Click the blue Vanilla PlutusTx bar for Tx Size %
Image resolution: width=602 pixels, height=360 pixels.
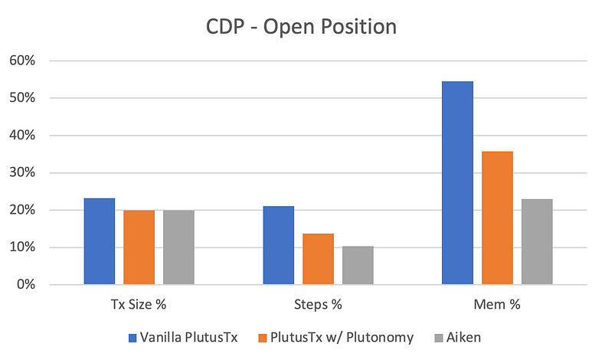[x=100, y=241]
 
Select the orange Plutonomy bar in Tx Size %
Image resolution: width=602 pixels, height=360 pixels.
[x=139, y=247]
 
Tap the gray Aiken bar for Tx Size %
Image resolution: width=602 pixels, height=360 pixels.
[x=178, y=247]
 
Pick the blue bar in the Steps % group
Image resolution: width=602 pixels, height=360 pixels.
[x=279, y=245]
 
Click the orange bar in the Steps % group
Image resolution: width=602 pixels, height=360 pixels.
[x=319, y=259]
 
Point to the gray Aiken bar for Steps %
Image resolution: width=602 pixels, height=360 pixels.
[x=358, y=265]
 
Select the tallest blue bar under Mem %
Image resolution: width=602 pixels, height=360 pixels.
[x=458, y=183]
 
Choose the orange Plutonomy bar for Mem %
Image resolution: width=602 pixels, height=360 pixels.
[x=498, y=218]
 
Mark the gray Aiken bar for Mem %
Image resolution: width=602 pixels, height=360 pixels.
[x=537, y=242]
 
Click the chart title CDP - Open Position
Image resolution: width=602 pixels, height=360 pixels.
[x=302, y=27]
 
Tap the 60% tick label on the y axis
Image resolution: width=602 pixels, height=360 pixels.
[x=22, y=61]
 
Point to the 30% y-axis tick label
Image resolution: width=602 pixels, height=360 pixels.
[x=22, y=172]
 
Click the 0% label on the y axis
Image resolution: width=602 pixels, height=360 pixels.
[x=26, y=284]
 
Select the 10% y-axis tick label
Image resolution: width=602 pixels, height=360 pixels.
[x=22, y=247]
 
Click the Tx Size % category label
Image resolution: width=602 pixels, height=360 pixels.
[x=139, y=304]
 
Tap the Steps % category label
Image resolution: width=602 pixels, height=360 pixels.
[x=318, y=304]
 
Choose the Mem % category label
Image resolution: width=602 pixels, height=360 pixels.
[x=497, y=304]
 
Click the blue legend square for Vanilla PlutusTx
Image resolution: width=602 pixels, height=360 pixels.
[x=133, y=338]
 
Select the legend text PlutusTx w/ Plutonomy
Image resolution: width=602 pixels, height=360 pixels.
[x=342, y=337]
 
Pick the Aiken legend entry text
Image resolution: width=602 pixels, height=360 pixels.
[x=464, y=337]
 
